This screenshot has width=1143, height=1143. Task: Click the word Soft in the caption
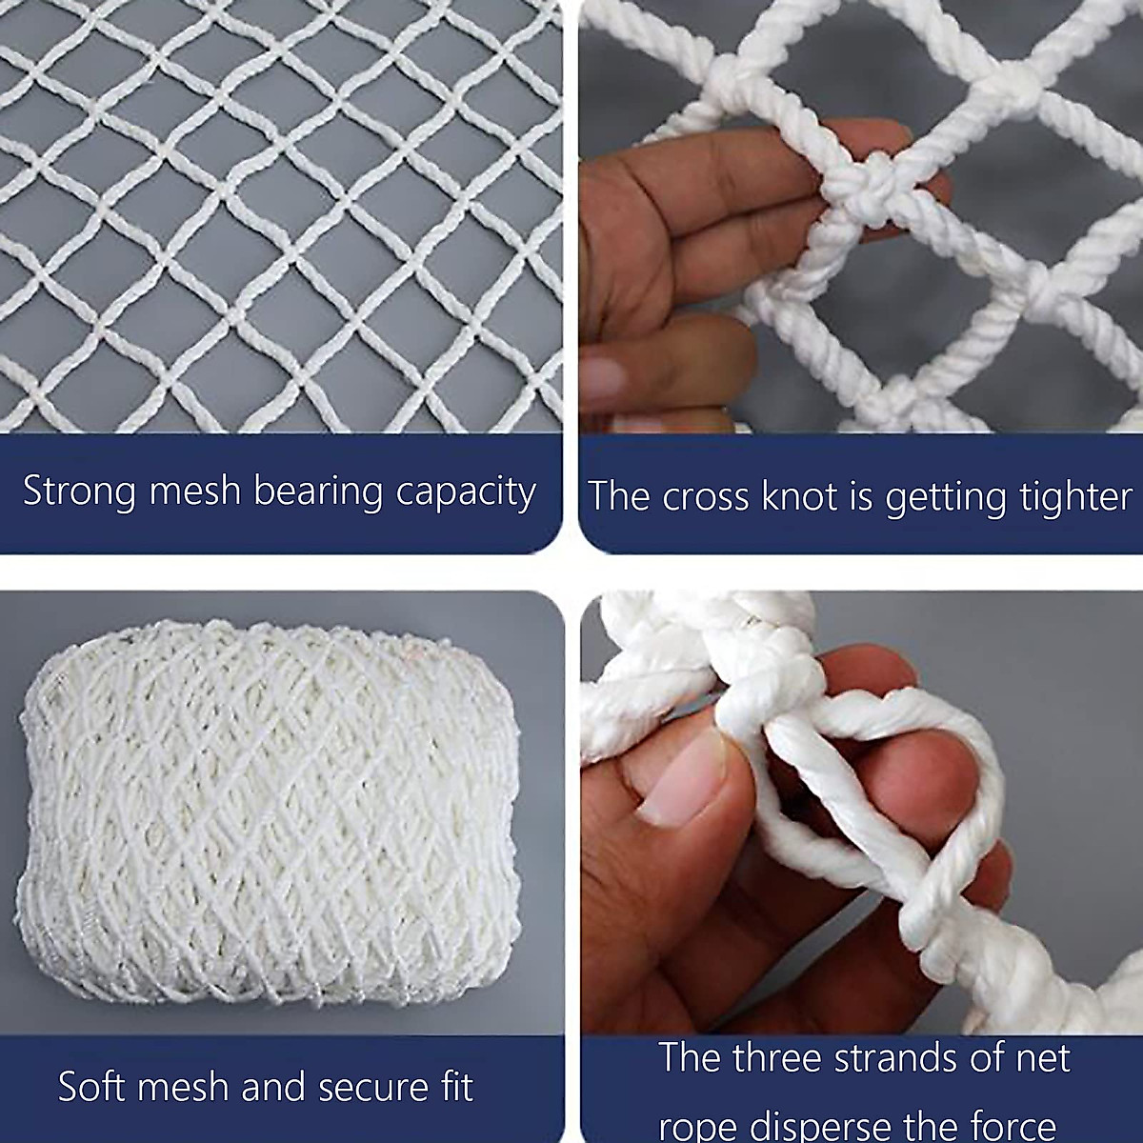[x=92, y=1086]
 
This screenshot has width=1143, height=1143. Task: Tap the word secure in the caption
[x=361, y=1088]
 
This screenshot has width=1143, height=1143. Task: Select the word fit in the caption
[x=455, y=1086]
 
